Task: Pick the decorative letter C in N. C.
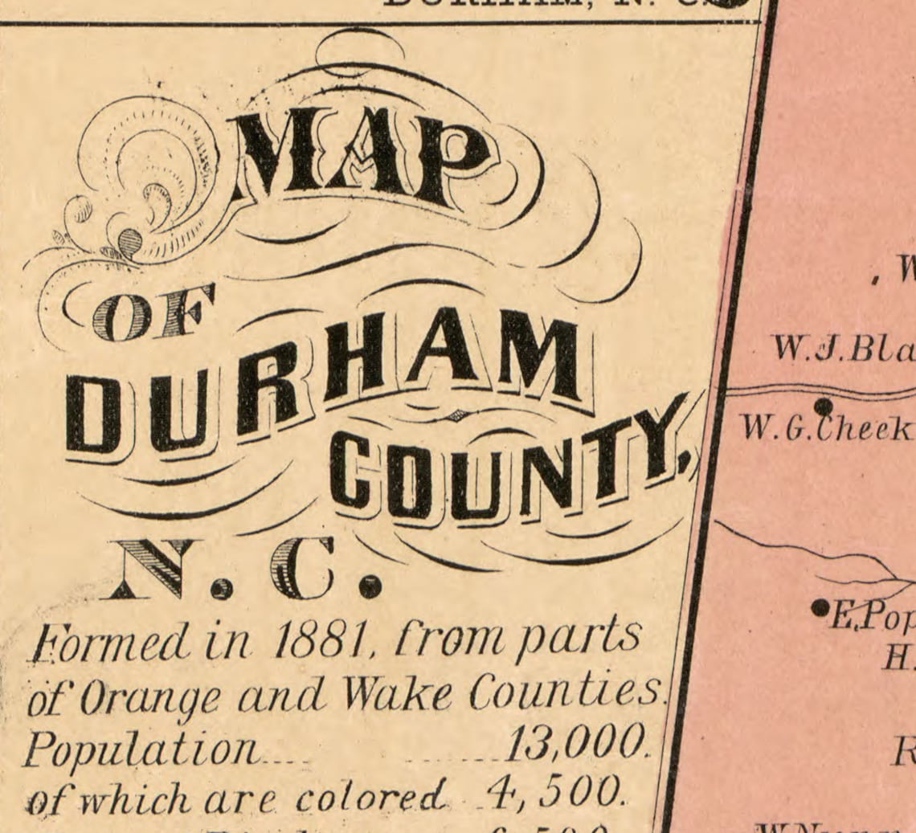(301, 570)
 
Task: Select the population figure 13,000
(574, 747)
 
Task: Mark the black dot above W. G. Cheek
(824, 406)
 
